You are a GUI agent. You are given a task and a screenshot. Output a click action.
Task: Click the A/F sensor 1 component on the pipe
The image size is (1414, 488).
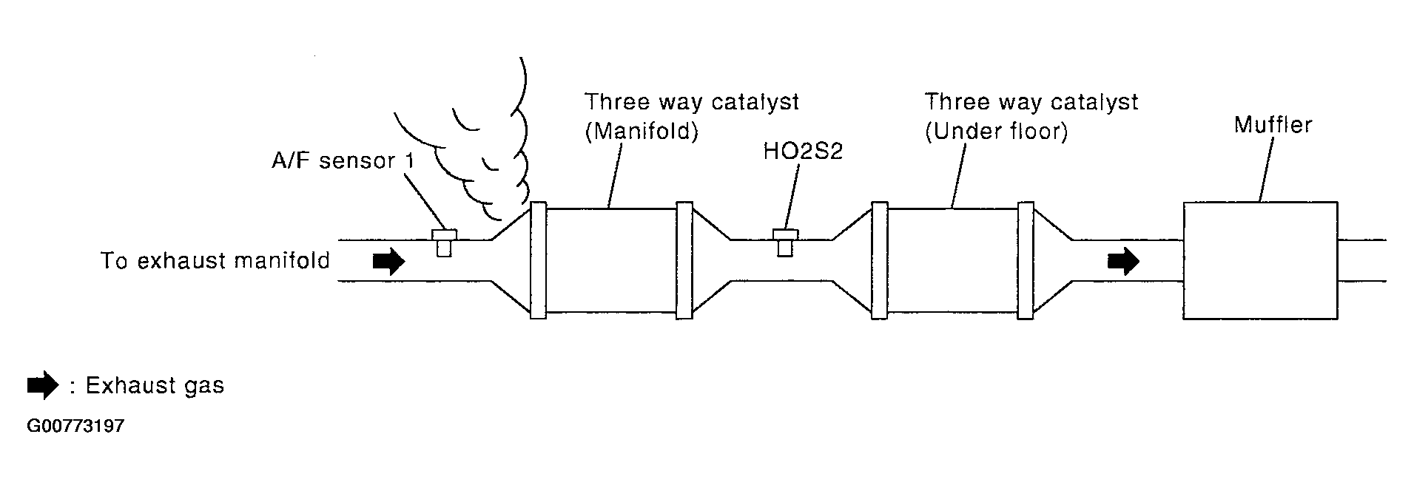tap(444, 242)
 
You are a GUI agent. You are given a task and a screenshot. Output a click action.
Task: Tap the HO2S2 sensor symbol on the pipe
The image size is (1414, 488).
tap(784, 242)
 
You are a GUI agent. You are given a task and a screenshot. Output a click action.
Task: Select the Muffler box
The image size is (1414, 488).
tap(1259, 260)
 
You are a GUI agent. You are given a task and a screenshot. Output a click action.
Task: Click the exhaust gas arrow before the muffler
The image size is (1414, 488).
tap(1123, 261)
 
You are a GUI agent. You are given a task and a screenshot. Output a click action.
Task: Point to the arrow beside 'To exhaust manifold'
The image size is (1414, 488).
tap(388, 261)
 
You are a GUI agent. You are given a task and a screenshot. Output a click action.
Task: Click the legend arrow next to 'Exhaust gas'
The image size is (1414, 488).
tap(42, 385)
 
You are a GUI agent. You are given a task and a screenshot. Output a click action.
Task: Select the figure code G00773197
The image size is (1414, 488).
tap(75, 427)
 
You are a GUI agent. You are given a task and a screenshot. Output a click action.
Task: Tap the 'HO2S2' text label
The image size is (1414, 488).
tap(803, 152)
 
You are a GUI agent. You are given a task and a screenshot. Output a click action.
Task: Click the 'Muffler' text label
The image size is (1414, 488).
tap(1273, 125)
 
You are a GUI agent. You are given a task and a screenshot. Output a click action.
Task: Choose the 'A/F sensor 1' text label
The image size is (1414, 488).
tap(343, 160)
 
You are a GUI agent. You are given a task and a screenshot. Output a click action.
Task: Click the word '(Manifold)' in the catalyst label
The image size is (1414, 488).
tap(642, 133)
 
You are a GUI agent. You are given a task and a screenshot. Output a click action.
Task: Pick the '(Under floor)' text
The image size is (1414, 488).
tap(996, 133)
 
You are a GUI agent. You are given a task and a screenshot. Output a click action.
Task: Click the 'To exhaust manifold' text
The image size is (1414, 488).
tap(215, 261)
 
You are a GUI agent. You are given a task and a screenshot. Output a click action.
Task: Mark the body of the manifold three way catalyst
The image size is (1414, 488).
tap(610, 260)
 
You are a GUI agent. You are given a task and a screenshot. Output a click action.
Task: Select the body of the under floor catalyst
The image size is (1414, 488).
tap(952, 260)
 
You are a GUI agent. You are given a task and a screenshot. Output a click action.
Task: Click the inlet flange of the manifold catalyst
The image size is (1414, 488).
tap(538, 260)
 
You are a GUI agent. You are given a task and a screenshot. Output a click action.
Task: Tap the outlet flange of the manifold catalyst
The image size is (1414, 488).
tap(684, 260)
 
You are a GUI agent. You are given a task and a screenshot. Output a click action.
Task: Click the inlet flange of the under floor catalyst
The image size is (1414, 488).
tap(879, 260)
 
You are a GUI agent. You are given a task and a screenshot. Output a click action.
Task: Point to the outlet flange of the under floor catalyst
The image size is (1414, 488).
tap(1025, 260)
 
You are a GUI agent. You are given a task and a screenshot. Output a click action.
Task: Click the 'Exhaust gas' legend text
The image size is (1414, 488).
tap(155, 385)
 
